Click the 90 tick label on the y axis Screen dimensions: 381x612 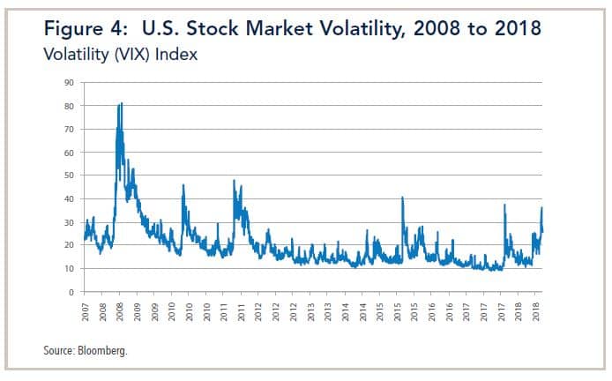click(66, 83)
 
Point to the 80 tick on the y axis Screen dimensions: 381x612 click(66, 106)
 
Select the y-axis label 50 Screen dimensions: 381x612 click(66, 176)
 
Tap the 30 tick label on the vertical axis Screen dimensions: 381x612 click(66, 222)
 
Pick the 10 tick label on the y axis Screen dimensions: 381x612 click(66, 269)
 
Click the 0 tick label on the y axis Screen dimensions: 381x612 click(69, 292)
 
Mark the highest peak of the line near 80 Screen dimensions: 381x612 click(121, 103)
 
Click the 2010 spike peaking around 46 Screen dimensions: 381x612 click(183, 185)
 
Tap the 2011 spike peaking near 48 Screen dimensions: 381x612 click(235, 181)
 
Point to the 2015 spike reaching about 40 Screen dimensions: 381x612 click(402, 198)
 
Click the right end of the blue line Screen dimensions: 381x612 click(542, 232)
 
